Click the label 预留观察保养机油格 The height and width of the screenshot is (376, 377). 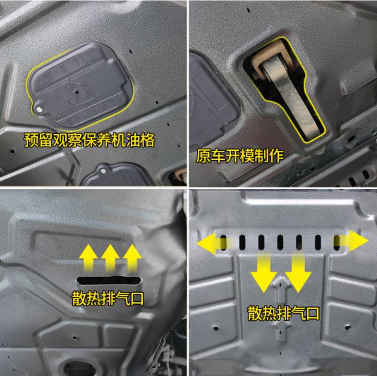(x=89, y=140)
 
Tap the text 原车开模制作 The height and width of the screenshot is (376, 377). (x=240, y=156)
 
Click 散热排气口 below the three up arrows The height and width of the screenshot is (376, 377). (x=108, y=299)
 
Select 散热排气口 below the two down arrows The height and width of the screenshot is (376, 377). (x=284, y=313)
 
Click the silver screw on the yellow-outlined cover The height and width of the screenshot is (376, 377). (x=39, y=110)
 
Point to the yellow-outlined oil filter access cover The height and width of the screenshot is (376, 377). (x=80, y=86)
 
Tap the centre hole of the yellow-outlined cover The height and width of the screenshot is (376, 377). (x=77, y=92)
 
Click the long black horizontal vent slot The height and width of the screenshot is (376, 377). (x=109, y=280)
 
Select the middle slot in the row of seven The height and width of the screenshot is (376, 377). (x=280, y=242)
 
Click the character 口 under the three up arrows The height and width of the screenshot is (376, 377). (x=137, y=299)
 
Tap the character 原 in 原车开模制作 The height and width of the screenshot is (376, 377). (x=203, y=156)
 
